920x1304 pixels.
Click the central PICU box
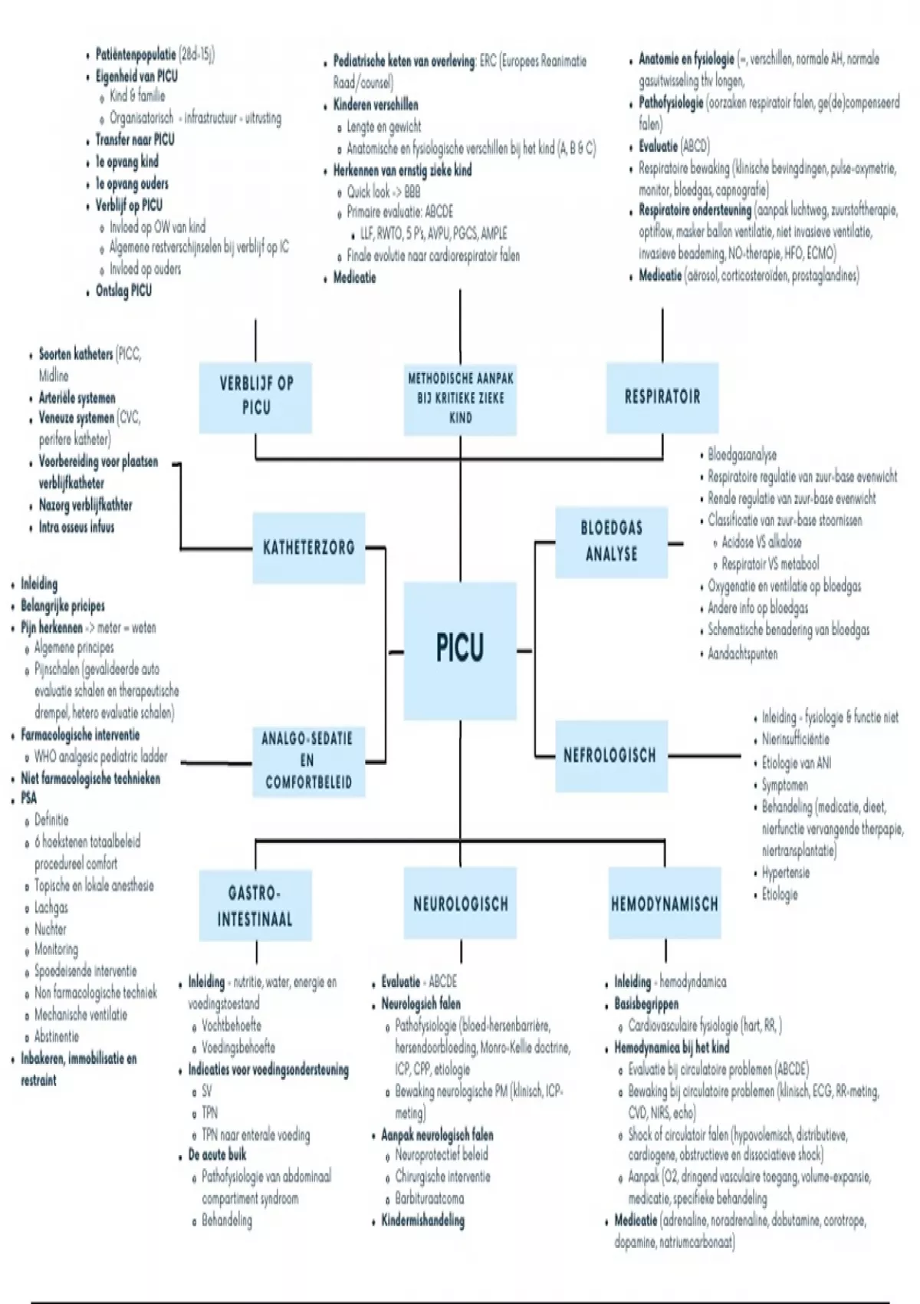point(460,649)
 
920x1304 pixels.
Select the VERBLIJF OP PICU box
point(256,396)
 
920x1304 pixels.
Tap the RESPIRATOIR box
point(662,397)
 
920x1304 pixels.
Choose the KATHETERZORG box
point(309,548)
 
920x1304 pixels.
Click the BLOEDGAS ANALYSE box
point(611,541)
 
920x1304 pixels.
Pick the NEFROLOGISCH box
point(610,756)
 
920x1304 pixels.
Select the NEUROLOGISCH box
point(461,904)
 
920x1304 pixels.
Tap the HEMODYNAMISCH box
point(665,904)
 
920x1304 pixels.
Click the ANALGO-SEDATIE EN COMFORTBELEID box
point(307,760)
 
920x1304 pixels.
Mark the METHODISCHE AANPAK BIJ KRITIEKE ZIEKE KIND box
point(461,397)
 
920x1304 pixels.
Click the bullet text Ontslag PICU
point(123,291)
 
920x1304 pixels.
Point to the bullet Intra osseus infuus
point(77,527)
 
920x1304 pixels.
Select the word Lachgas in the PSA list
point(51,907)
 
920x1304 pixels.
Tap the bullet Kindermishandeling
point(422,1220)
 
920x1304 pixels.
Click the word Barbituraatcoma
point(429,1198)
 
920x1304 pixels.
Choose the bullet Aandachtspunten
point(742,654)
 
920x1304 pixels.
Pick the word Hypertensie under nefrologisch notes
point(785,873)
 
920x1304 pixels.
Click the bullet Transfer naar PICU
point(135,140)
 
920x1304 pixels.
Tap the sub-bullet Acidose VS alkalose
point(761,542)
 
